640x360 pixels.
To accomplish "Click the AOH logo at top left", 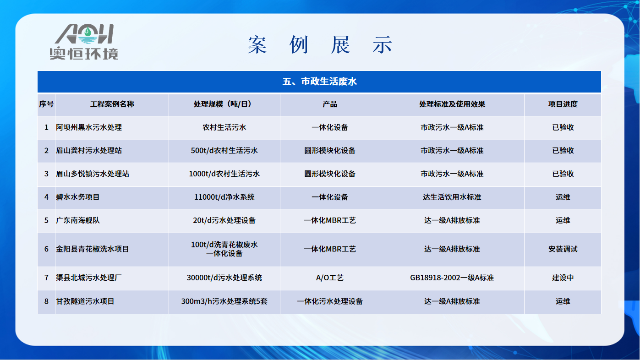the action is pos(84,42).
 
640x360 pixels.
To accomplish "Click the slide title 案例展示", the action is pos(319,45).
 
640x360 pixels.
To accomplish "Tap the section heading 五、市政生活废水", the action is pos(319,82).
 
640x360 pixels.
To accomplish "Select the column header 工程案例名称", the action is pos(112,104).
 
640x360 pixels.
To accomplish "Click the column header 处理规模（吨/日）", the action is pos(224,104).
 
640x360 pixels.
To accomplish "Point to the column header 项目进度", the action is pos(563,104).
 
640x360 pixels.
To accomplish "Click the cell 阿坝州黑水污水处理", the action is pos(89,127).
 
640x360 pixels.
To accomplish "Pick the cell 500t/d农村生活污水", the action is pos(224,151).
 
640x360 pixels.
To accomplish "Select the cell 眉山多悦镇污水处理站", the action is pos(93,174).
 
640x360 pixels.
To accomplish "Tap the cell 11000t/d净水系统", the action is pos(224,197).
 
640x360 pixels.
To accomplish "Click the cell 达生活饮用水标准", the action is pos(452,197).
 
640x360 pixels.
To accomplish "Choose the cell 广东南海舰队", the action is pos(78,220).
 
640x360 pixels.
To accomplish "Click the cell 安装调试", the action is pos(563,249).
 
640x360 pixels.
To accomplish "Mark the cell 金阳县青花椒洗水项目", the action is pos(93,249).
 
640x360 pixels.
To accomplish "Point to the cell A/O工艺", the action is pos(330,278).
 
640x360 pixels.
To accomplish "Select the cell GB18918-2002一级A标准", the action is pos(452,278).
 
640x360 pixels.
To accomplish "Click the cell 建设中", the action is pos(563,278).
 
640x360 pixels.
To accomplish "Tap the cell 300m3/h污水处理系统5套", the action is pos(224,301).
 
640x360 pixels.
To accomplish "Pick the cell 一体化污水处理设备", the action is pos(330,301).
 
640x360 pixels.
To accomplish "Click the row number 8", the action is pos(46,301).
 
